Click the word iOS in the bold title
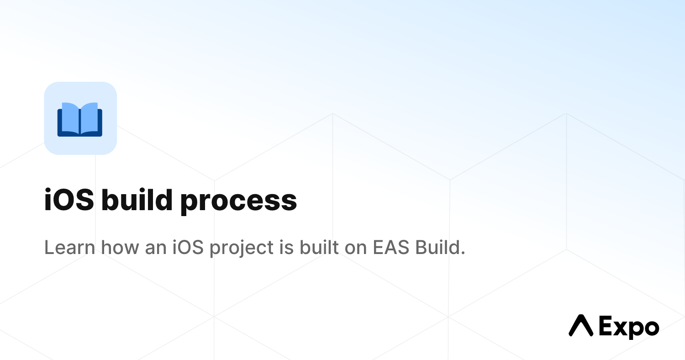click(69, 200)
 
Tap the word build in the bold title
click(137, 200)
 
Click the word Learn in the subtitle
click(70, 247)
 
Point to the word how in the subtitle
click(120, 247)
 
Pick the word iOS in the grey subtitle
click(188, 247)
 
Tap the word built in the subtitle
click(319, 247)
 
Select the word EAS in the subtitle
click(391, 247)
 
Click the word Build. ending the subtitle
click(440, 247)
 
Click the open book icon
click(80, 119)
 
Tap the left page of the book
click(70, 118)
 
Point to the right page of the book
click(90, 118)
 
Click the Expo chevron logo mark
click(581, 325)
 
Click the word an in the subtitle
click(156, 249)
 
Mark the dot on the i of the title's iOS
click(47, 191)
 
